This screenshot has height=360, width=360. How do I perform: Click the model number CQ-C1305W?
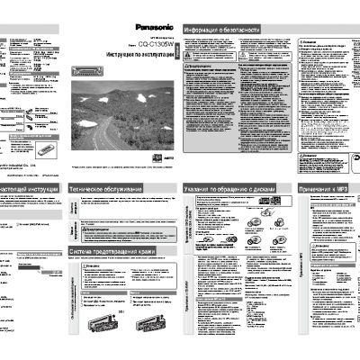150,42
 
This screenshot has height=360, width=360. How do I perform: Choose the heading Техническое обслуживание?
106,189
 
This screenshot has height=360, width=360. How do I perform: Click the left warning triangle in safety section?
187,67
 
